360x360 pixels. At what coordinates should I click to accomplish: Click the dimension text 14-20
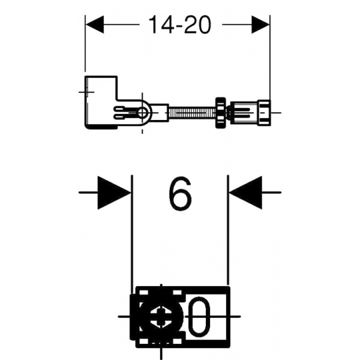180,25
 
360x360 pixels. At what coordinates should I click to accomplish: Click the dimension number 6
180,193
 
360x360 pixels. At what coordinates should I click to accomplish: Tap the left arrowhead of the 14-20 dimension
94,25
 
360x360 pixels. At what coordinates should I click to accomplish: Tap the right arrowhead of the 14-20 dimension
260,25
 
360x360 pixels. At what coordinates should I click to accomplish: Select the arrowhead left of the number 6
114,193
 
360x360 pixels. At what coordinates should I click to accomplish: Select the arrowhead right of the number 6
245,193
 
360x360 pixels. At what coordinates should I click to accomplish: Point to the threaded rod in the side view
192,113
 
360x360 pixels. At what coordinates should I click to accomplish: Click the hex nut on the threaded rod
221,113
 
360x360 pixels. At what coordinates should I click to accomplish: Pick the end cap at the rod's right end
264,113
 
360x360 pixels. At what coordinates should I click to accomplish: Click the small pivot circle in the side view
143,113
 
